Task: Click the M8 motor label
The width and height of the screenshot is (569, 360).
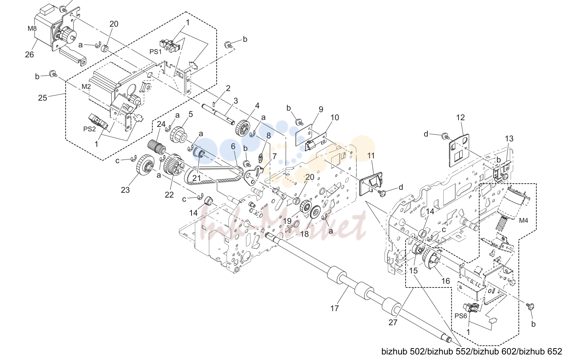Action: [32, 28]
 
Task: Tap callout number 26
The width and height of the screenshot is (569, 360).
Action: [30, 54]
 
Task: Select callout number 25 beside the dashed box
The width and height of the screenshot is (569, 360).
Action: [43, 98]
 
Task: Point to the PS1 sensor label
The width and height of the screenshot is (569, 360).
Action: [155, 51]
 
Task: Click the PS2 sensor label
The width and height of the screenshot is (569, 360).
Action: [89, 129]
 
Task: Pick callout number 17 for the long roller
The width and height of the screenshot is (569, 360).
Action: [335, 309]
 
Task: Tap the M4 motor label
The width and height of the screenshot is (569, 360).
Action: [523, 221]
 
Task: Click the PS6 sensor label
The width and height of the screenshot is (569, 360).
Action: [461, 316]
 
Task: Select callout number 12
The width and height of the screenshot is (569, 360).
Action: [460, 117]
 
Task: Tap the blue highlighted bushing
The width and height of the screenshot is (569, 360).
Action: [199, 155]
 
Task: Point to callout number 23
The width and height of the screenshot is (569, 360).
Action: [125, 190]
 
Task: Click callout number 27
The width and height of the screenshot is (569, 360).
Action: [393, 322]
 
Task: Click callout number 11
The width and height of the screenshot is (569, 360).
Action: [371, 155]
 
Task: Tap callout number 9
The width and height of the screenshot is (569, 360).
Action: [321, 109]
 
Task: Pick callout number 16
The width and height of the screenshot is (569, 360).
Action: [446, 281]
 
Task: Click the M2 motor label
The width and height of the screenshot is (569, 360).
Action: [86, 87]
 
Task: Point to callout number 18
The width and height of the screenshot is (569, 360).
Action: [304, 234]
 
